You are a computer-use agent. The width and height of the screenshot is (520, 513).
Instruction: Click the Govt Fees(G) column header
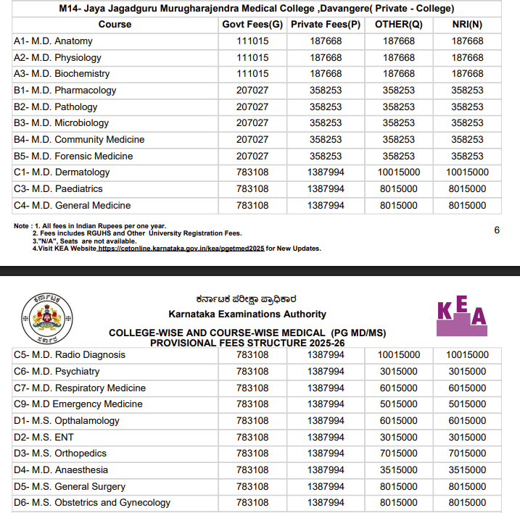point(252,25)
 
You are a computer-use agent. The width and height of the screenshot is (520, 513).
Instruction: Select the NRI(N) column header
point(467,25)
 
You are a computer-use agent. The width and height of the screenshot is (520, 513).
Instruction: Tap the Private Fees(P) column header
point(326,25)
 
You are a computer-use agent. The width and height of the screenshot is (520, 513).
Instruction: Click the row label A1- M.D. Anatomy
point(53,41)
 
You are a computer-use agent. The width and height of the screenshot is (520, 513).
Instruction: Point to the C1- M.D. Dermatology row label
point(62,172)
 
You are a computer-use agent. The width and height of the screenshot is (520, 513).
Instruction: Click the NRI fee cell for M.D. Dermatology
point(467,172)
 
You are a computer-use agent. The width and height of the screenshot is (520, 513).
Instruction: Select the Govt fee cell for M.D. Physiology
point(252,57)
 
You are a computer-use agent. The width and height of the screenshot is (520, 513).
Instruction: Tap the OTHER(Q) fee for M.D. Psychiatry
point(399,372)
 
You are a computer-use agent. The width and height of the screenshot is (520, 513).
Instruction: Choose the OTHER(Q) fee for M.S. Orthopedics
point(399,454)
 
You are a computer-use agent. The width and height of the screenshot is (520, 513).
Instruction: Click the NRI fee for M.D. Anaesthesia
point(467,470)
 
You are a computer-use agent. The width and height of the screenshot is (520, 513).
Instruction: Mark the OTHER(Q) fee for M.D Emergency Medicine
point(399,404)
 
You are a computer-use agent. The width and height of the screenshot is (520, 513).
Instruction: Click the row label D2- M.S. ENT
point(44,437)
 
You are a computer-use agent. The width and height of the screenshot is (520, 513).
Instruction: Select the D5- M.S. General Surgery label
point(70,487)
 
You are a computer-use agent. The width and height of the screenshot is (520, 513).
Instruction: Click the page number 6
point(497,230)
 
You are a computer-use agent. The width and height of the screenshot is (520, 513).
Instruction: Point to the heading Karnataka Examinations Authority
point(247,314)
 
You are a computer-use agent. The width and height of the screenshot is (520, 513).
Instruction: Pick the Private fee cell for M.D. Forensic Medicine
point(326,156)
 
